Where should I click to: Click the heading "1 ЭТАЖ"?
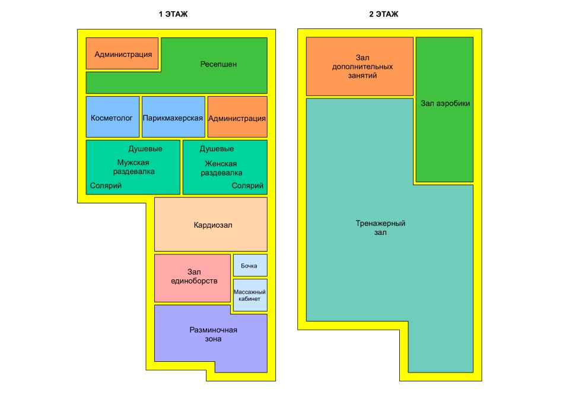173,14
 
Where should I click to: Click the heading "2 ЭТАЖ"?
383,14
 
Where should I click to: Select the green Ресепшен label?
218,64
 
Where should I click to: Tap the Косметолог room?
112,117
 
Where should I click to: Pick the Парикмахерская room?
173,117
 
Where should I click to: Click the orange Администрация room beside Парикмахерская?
237,117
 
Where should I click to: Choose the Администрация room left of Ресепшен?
122,53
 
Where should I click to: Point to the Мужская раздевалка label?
133,167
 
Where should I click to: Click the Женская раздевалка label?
221,168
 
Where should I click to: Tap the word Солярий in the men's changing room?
106,186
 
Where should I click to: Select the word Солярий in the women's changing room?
247,186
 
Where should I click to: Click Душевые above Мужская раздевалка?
145,149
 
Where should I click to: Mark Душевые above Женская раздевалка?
217,149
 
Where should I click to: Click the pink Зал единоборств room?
193,276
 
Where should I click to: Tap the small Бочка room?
250,265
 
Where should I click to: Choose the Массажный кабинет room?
250,295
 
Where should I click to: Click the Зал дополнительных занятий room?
359,66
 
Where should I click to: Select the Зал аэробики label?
445,103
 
